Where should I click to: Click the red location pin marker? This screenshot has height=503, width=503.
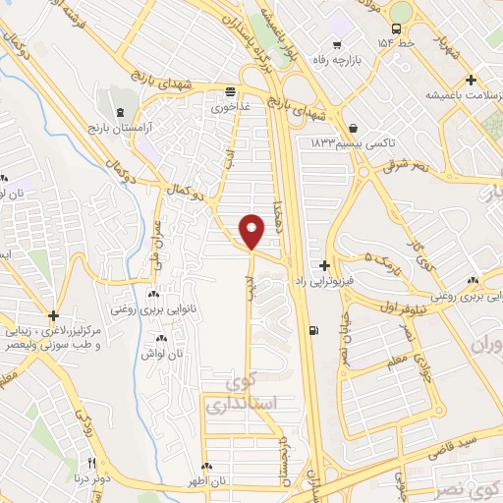[x=251, y=230]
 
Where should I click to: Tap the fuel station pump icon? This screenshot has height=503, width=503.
[x=313, y=330]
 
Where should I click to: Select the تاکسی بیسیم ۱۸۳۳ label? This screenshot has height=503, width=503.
[x=353, y=143]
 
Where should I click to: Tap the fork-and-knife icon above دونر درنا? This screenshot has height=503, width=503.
[x=92, y=463]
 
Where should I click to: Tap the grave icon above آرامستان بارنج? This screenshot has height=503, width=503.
[x=120, y=113]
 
